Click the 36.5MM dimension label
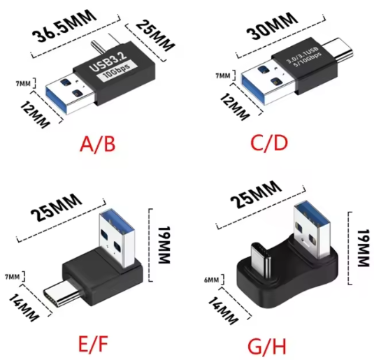[64, 26]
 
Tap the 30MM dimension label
[272, 26]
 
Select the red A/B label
[97, 144]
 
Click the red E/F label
[93, 343]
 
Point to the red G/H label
[267, 346]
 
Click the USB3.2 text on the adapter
[108, 61]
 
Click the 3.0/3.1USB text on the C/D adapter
[302, 55]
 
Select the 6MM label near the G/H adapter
[211, 280]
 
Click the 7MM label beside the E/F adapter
[12, 277]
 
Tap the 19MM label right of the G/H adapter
[363, 247]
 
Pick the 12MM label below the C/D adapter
[234, 107]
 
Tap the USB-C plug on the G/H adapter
[261, 260]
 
